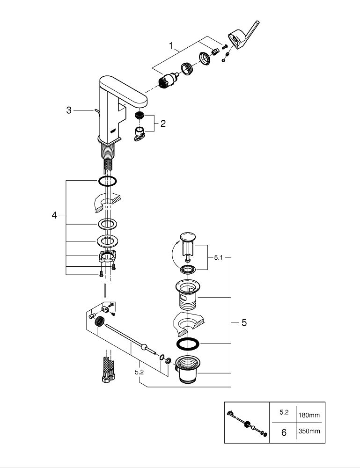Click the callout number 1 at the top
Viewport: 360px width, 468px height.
pyautogui.click(x=172, y=45)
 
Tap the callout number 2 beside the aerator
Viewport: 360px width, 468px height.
pyautogui.click(x=162, y=124)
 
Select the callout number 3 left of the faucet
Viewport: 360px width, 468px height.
pyautogui.click(x=68, y=110)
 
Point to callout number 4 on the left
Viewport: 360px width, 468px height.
pyautogui.click(x=54, y=215)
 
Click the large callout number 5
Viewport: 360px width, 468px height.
pyautogui.click(x=244, y=323)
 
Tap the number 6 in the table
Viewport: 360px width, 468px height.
pyautogui.click(x=283, y=432)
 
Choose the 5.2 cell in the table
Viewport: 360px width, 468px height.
pyautogui.click(x=283, y=413)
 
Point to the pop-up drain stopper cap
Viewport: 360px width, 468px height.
pyautogui.click(x=188, y=239)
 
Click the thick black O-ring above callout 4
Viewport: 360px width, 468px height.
pyautogui.click(x=107, y=181)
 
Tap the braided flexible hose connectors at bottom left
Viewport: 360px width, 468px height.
pyautogui.click(x=105, y=370)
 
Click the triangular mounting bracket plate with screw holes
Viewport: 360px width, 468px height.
pyautogui.click(x=107, y=256)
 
